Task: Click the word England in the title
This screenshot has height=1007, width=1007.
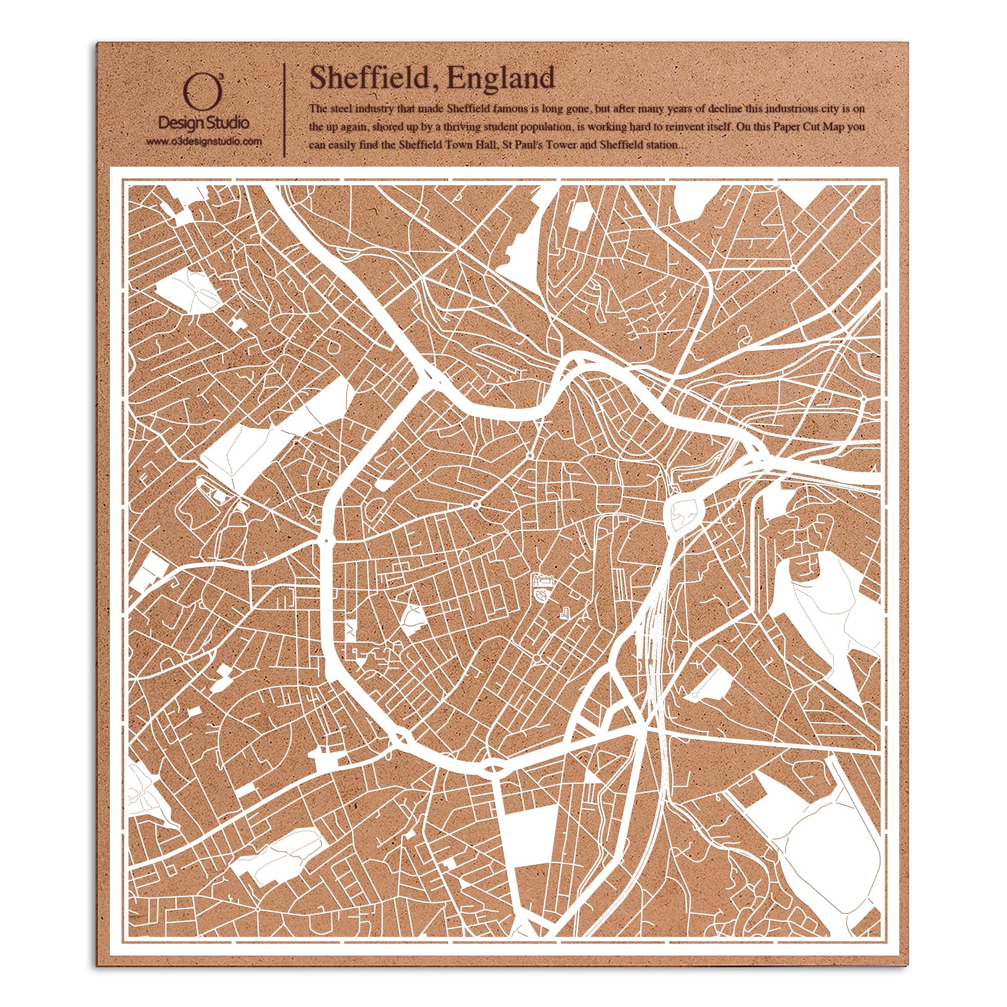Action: pyautogui.click(x=500, y=78)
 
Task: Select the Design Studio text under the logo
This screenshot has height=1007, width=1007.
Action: pyautogui.click(x=204, y=123)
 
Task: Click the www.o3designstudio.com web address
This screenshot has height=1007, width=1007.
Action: pyautogui.click(x=204, y=142)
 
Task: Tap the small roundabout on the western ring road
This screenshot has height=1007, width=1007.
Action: pyautogui.click(x=327, y=540)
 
